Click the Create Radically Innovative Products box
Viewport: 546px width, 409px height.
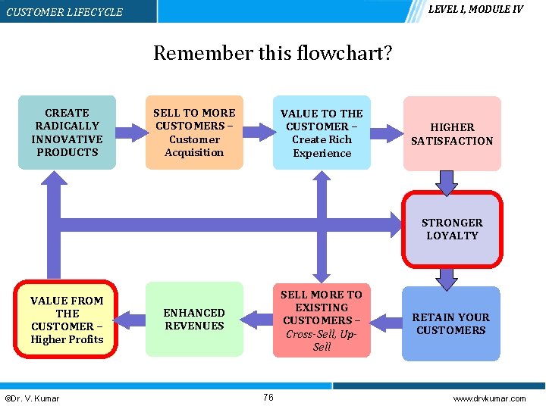pyautogui.click(x=67, y=132)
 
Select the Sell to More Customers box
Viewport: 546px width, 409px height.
pyautogui.click(x=194, y=132)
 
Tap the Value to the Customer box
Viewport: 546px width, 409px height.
pyautogui.click(x=322, y=132)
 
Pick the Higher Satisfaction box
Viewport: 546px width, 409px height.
pyautogui.click(x=451, y=133)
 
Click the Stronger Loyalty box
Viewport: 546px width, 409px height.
pyautogui.click(x=451, y=229)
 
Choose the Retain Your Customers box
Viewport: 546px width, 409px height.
pyautogui.click(x=451, y=323)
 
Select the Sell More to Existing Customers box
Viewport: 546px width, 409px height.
pyautogui.click(x=322, y=320)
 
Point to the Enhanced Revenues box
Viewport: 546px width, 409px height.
pyautogui.click(x=194, y=319)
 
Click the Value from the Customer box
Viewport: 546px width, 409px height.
pyautogui.click(x=67, y=319)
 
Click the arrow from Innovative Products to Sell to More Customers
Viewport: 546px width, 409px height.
pyautogui.click(x=130, y=132)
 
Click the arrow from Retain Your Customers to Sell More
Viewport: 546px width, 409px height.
pyautogui.click(x=386, y=323)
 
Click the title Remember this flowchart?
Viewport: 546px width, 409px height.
pyautogui.click(x=273, y=53)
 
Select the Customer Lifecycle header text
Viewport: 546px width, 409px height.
pyautogui.click(x=64, y=12)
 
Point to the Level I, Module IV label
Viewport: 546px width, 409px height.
pyautogui.click(x=475, y=9)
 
